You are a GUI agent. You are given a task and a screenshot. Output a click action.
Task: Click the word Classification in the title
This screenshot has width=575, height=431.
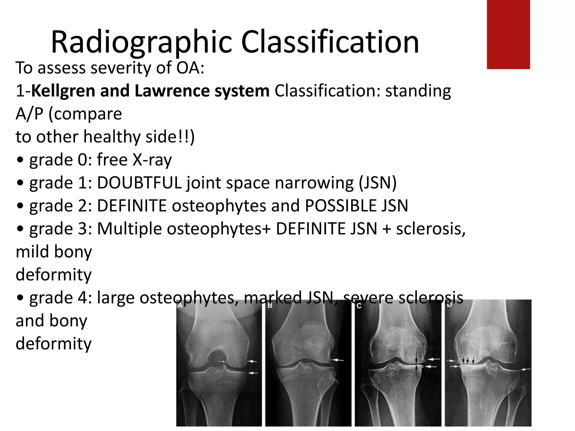point(330,42)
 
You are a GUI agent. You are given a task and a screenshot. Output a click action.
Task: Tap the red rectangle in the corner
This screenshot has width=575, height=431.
point(508,34)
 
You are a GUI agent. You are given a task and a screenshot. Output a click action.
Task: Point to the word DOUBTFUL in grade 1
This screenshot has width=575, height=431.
point(139,183)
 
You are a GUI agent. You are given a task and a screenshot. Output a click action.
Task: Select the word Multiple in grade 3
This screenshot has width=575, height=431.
point(129,229)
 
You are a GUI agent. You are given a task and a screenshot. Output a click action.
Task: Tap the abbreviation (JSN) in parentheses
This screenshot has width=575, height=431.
point(377,183)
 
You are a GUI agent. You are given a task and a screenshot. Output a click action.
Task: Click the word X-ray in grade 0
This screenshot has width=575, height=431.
point(152,160)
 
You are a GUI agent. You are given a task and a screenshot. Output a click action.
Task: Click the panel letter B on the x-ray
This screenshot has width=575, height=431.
point(270,305)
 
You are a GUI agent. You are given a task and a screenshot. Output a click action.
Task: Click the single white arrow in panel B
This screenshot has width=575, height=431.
point(339,360)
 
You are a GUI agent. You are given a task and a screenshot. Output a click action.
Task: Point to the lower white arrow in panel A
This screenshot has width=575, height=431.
point(254,373)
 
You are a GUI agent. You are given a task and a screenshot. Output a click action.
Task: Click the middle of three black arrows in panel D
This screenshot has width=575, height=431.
point(468,360)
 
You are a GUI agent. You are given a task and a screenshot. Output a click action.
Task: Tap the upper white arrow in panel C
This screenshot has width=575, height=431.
point(434,359)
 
